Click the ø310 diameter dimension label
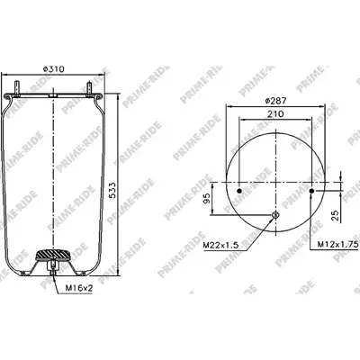[53, 69]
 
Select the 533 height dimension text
[112, 190]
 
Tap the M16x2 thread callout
[79, 289]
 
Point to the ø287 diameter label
[275, 101]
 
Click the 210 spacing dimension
[275, 114]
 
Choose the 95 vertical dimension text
[207, 198]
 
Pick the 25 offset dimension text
[336, 216]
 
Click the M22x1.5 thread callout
[220, 245]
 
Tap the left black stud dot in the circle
[239, 191]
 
